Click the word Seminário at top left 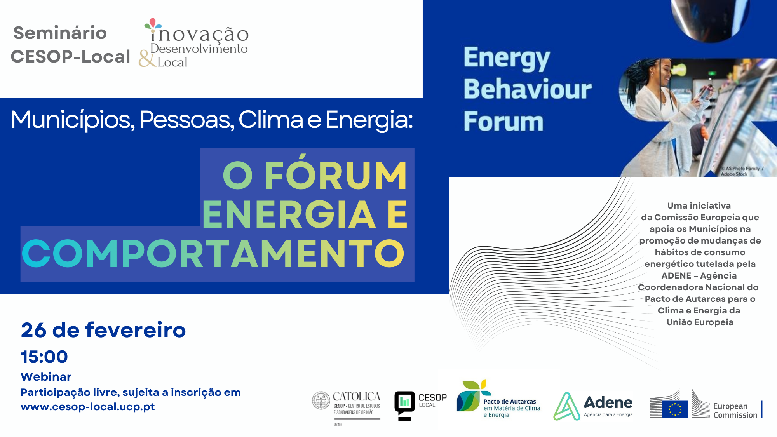coord(60,33)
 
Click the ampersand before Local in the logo coord(147,59)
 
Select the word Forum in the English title coord(503,122)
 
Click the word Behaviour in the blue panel coord(527,89)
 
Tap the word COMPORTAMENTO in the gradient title coord(213,254)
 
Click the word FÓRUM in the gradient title coord(336,176)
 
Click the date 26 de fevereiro coord(103,330)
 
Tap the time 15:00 coord(44,357)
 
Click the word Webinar coord(46,377)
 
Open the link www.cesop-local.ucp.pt coord(87,407)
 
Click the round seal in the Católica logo coord(321,400)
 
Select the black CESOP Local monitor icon coord(404,405)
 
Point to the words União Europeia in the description coord(700,322)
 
